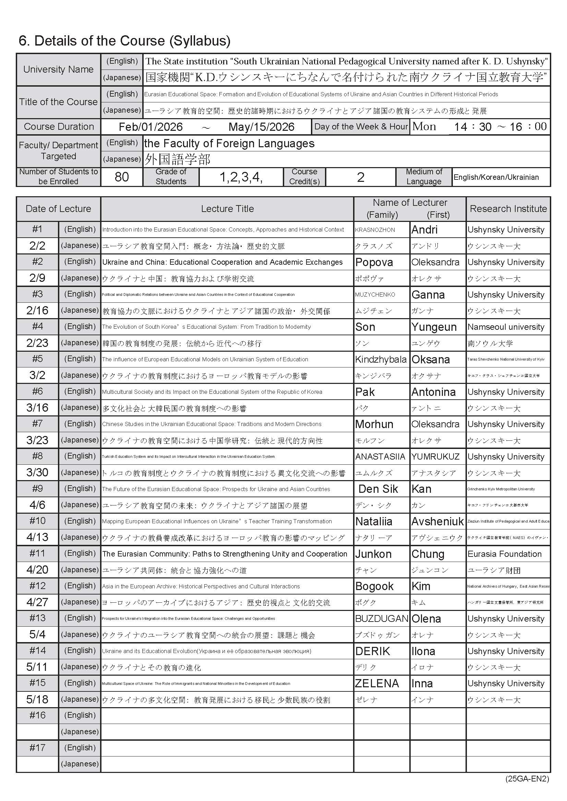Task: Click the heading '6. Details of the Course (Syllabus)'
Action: (124, 41)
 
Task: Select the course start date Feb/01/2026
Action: (150, 127)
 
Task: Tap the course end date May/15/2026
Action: (261, 127)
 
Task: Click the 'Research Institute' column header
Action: (508, 209)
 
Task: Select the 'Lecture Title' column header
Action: (227, 209)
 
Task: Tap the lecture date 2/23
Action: (37, 343)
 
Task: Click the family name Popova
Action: (374, 262)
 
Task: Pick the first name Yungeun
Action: (434, 327)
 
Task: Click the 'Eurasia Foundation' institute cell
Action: (504, 554)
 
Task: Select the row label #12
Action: (37, 586)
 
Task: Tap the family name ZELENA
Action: (377, 683)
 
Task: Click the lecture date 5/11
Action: (37, 667)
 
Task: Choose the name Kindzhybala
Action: (381, 359)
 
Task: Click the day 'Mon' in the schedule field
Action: (424, 127)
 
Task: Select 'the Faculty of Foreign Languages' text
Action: (229, 143)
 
